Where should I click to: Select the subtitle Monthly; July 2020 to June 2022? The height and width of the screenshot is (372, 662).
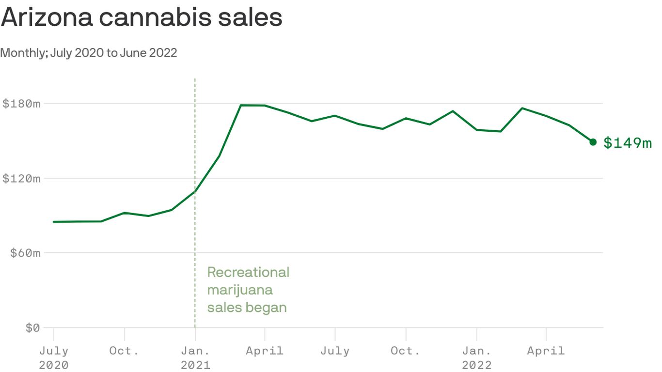pos(89,52)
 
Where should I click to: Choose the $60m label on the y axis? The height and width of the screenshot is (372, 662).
pos(25,253)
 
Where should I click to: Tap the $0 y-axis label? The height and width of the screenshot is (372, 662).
pos(32,327)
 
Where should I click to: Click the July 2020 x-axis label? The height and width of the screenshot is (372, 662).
pos(53,357)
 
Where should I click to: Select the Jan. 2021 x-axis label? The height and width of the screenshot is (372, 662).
pos(195,357)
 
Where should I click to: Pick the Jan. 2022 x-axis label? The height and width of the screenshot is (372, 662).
pos(477,357)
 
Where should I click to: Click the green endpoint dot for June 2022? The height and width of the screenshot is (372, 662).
pos(593,142)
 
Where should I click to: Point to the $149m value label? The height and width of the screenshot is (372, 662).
pos(628,143)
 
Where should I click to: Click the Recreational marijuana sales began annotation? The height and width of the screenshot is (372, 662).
pos(248,290)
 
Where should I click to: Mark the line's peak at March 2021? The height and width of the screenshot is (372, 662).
pos(241,105)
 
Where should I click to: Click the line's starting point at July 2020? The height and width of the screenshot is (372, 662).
pos(53,222)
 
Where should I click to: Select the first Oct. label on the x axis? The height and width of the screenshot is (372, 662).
pos(124,351)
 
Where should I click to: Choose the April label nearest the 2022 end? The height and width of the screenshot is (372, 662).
pos(546,351)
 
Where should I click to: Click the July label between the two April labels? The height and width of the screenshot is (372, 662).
pos(335,351)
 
